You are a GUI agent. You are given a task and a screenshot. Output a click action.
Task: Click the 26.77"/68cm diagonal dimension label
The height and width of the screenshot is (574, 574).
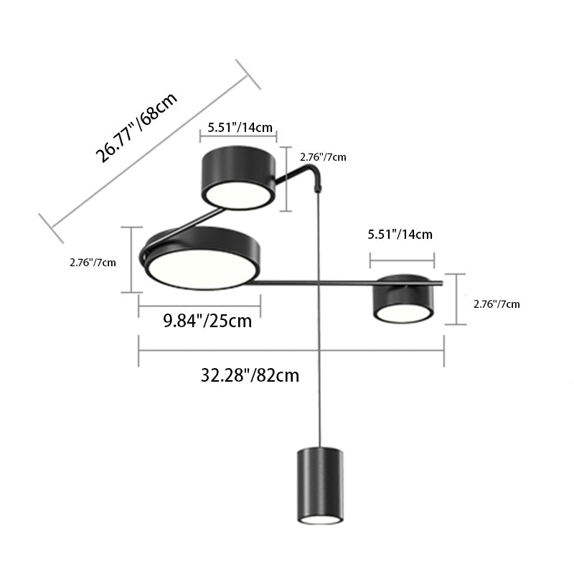[136, 127]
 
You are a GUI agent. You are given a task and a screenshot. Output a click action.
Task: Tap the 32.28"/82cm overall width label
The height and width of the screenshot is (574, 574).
[250, 375]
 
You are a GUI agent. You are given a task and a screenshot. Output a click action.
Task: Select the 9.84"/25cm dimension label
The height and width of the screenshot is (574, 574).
[207, 321]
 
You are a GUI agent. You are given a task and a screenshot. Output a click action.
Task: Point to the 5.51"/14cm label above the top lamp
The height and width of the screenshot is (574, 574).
[240, 128]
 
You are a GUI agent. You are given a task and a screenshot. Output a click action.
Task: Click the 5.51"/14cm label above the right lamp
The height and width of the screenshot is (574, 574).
[400, 235]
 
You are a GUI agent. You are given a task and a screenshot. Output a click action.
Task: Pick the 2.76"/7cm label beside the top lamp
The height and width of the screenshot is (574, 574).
[324, 157]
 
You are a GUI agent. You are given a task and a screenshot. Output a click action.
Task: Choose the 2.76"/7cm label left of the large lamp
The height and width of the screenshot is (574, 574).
[93, 263]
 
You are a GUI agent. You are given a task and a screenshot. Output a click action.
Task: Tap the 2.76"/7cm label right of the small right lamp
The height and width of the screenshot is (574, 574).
[497, 304]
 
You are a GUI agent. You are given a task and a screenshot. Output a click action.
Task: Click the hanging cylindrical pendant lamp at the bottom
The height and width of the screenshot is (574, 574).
[320, 485]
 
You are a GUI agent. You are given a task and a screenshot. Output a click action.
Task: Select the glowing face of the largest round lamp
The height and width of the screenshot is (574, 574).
[202, 268]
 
